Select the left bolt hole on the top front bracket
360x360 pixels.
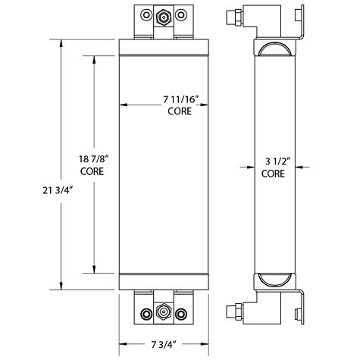[144, 14]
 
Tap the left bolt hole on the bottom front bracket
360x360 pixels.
[144, 312]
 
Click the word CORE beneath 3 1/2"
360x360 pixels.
[274, 174]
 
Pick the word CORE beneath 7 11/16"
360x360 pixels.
[180, 111]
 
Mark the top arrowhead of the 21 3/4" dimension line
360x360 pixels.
[60, 39]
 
